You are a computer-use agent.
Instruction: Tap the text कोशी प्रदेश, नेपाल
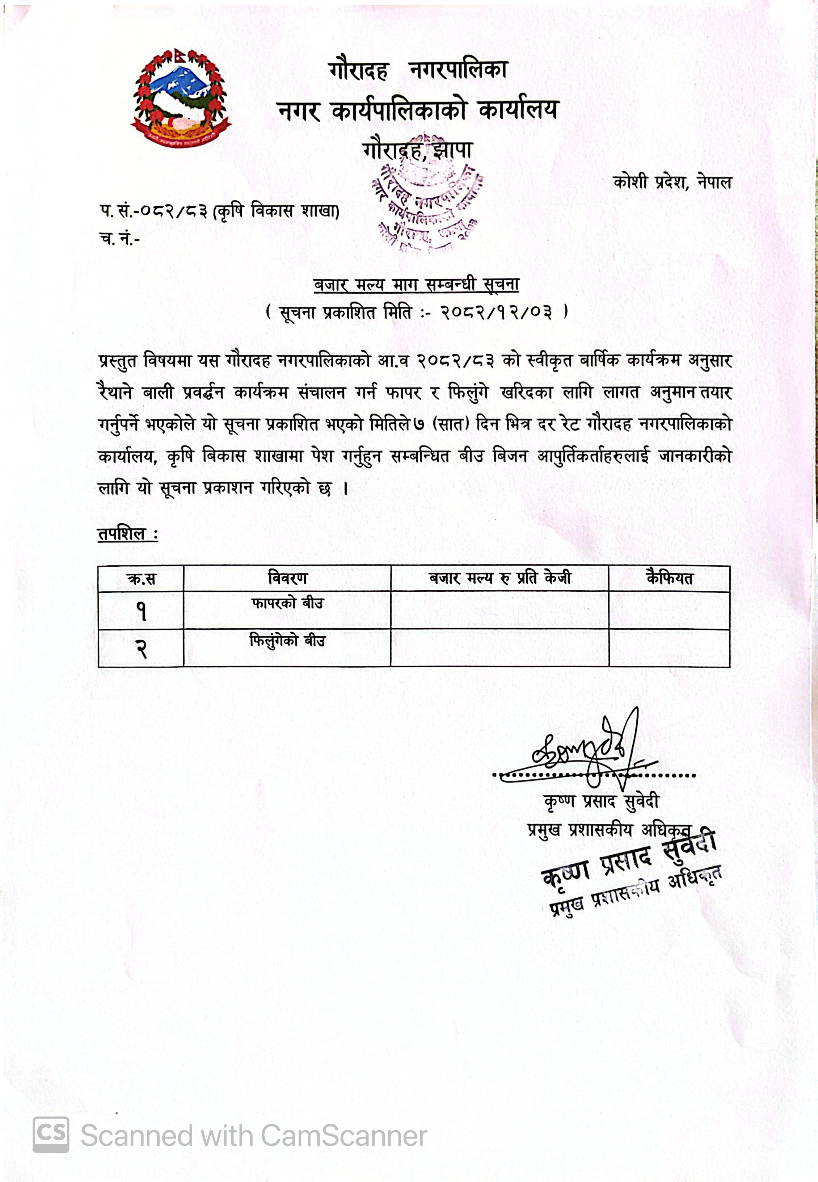pos(672,182)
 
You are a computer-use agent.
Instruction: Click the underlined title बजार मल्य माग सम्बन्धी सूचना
pos(416,285)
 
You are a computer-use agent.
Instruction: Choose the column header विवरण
pos(287,578)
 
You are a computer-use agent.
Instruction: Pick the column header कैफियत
pos(669,578)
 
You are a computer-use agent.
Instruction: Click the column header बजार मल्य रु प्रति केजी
pos(500,578)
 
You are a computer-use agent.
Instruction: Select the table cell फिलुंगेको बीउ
pos(287,641)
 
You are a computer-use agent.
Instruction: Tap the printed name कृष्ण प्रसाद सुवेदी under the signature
pos(601,801)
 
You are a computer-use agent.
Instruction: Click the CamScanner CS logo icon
pos(51,1135)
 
